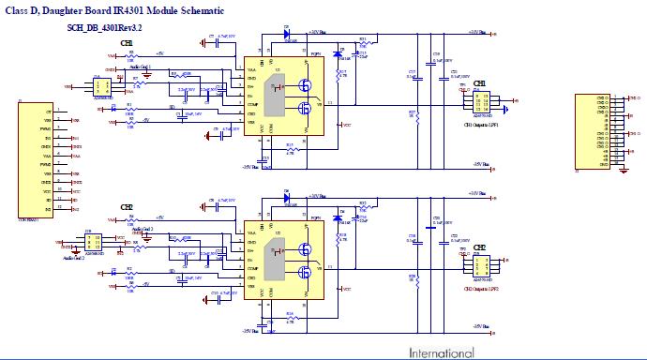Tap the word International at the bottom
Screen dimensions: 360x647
click(441, 353)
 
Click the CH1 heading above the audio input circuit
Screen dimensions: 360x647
click(127, 45)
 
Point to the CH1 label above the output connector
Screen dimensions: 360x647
click(479, 83)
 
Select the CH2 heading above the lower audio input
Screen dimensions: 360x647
click(127, 206)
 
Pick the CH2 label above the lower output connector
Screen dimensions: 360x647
click(479, 247)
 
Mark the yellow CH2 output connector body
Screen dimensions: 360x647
click(480, 263)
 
